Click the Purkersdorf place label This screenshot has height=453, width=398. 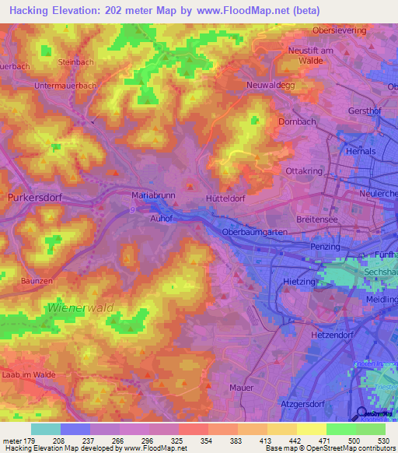[x=34, y=198]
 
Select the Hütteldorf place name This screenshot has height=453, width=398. [x=226, y=198]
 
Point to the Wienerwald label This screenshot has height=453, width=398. [x=81, y=308]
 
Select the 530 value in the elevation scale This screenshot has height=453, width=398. [x=383, y=441]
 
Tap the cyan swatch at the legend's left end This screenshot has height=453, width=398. [x=46, y=429]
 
